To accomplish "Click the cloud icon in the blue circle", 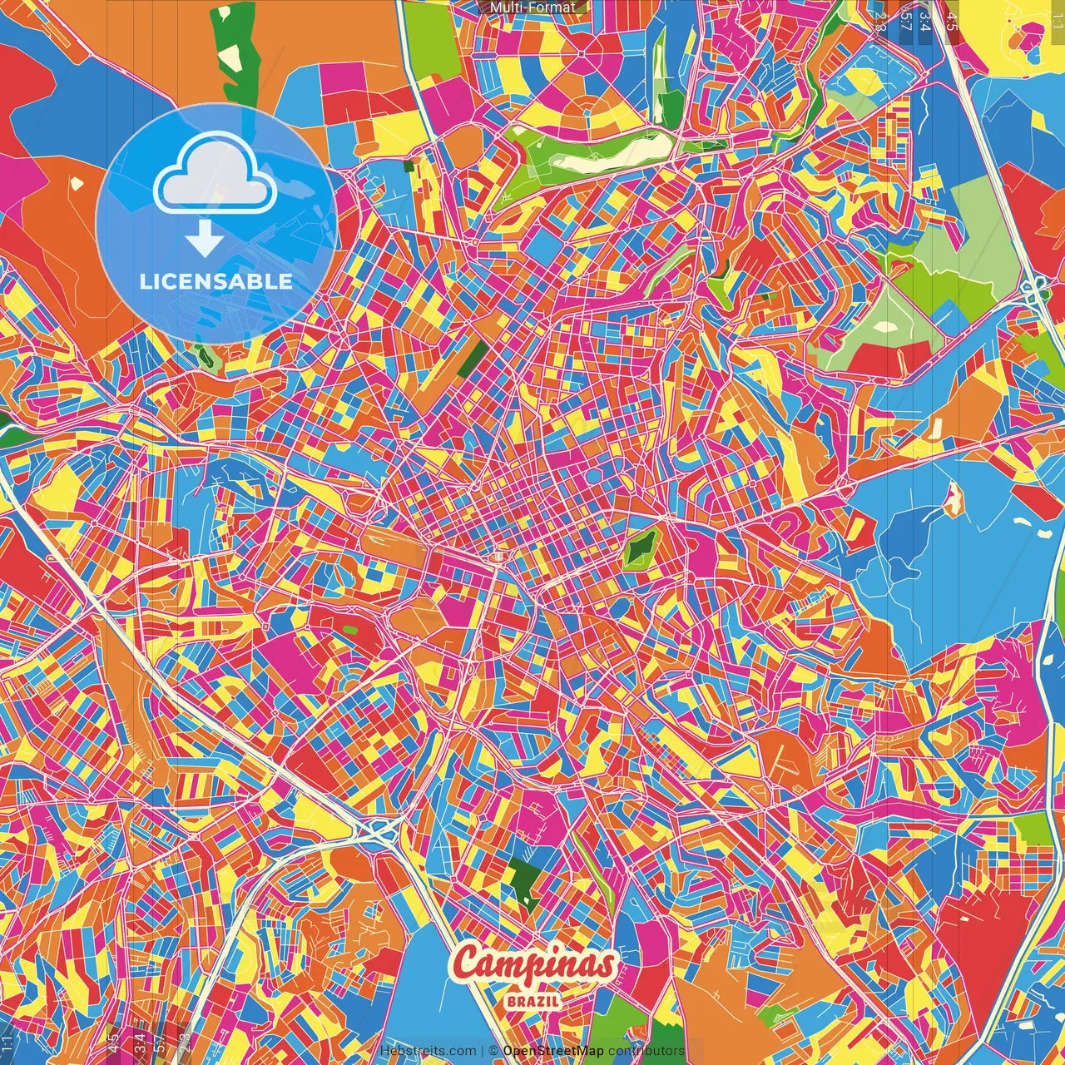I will (x=215, y=180).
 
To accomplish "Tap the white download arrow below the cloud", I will (x=203, y=240).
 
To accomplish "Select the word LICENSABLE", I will (x=216, y=281).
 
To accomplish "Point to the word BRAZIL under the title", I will (x=532, y=1000).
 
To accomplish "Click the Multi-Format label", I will (x=532, y=7).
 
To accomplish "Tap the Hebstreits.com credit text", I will (x=427, y=1051).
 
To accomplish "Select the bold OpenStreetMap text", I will (x=553, y=1051).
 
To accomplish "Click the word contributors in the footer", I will (x=646, y=1051).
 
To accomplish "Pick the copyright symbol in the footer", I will (x=493, y=1051).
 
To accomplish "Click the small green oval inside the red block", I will (x=349, y=630).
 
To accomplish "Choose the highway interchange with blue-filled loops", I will (x=381, y=829).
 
